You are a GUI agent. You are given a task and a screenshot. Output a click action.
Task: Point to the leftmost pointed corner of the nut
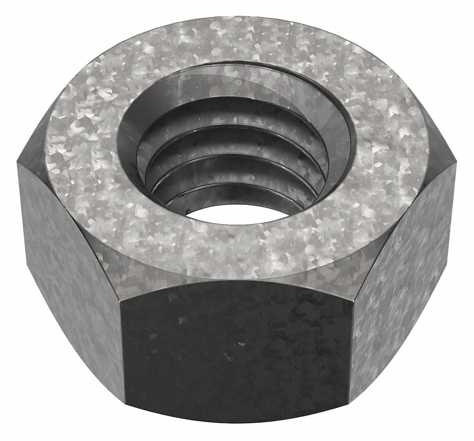tap(18, 162)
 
